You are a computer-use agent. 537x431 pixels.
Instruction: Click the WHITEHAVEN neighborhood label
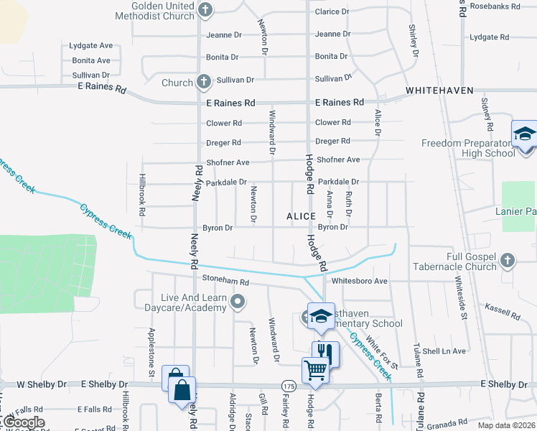[439, 91]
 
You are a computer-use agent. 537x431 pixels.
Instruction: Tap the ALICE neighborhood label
[301, 216]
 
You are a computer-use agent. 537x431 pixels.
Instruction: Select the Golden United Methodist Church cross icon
[206, 9]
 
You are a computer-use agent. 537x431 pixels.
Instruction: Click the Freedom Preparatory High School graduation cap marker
[525, 134]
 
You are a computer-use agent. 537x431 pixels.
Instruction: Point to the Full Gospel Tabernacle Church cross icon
[508, 259]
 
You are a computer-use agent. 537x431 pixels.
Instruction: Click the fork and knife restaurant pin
[324, 353]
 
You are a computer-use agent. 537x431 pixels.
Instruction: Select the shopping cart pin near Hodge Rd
[315, 371]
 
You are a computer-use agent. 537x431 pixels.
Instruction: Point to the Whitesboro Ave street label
[360, 281]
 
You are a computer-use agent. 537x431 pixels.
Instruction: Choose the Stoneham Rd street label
[225, 283]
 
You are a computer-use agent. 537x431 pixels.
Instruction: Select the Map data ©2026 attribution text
[506, 425]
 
